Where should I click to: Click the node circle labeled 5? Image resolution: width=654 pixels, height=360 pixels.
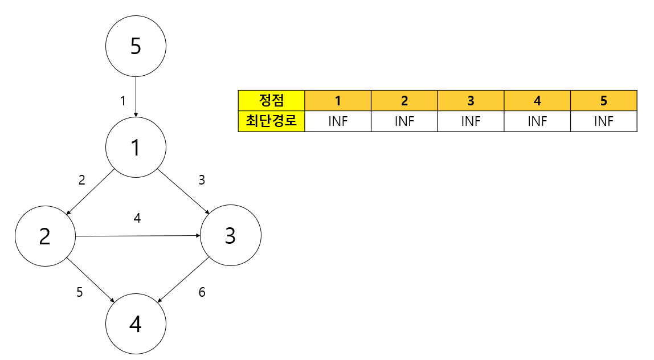[x=136, y=46]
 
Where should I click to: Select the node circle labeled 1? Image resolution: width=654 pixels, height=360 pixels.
[x=136, y=147]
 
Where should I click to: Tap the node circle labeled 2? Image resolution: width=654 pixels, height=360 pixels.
[x=45, y=236]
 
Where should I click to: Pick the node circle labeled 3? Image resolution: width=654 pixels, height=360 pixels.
[x=230, y=235]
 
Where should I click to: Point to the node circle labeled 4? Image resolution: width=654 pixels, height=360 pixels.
[x=136, y=324]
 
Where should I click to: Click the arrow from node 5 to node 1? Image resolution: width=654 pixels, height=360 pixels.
[x=136, y=96]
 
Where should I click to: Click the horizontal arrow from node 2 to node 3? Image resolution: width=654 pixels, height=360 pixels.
[x=138, y=236]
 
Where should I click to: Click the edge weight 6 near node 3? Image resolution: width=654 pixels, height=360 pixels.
[x=202, y=293]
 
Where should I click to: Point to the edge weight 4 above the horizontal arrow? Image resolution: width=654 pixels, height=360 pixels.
[x=137, y=218]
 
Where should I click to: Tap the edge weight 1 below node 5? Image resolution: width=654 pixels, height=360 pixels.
[x=122, y=101]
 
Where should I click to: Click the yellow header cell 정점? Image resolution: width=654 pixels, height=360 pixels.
[x=272, y=100]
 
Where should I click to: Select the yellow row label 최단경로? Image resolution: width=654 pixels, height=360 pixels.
[x=272, y=121]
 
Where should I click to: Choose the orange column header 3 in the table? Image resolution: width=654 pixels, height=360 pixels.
[x=471, y=100]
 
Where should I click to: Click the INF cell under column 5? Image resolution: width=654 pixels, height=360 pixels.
[x=603, y=121]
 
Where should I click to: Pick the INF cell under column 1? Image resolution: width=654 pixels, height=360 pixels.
[x=338, y=121]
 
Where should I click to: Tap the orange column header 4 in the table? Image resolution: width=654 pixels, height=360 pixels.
[x=537, y=100]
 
